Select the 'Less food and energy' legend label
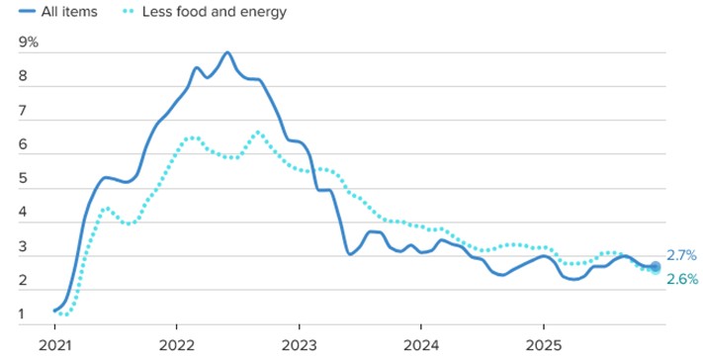pyautogui.click(x=218, y=13)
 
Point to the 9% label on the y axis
pyautogui.click(x=29, y=44)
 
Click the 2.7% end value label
pyautogui.click(x=682, y=255)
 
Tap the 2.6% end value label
pyautogui.click(x=682, y=279)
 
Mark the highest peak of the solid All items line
pyautogui.click(x=227, y=52)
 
